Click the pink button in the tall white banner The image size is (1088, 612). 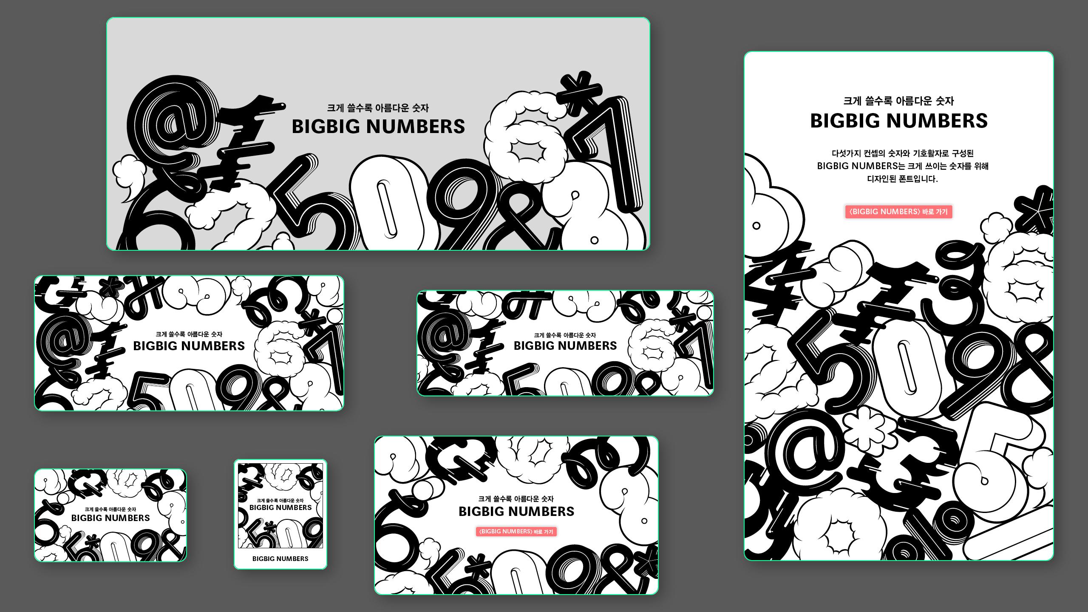898,212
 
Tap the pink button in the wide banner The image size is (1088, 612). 516,532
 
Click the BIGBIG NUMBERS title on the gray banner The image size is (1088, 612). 378,126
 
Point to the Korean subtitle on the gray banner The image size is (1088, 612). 378,108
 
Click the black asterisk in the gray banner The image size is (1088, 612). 580,94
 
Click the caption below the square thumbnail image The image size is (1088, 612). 280,558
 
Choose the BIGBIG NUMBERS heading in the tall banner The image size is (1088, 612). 899,121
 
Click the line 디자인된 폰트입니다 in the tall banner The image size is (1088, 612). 902,179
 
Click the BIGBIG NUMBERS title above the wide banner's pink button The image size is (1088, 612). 516,511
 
